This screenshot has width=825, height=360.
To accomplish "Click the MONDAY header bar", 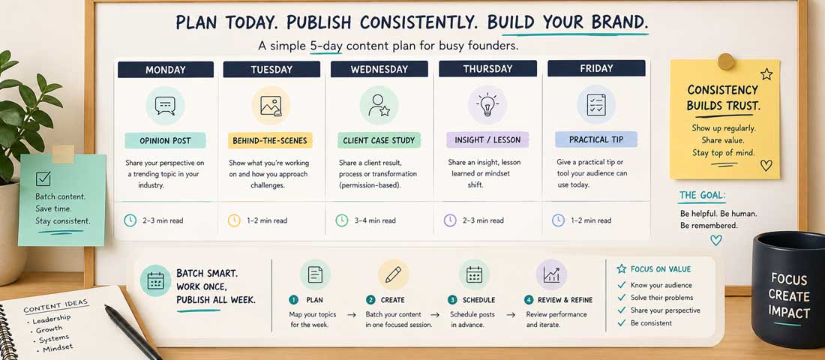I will click(166, 69).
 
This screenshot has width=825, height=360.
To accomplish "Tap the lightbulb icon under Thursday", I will click(487, 103).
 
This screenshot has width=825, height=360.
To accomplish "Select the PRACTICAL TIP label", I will click(596, 139).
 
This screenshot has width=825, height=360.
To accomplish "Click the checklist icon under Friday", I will click(596, 103).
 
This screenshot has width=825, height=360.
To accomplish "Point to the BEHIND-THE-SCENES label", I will click(271, 140).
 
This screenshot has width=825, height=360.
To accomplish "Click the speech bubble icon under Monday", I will click(165, 105).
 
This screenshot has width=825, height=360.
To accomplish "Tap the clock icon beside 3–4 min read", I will click(342, 220).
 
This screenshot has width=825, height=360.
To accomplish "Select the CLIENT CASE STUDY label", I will click(379, 140).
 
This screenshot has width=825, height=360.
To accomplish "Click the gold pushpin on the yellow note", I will click(726, 61).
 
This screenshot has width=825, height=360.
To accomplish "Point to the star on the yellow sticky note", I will click(766, 74).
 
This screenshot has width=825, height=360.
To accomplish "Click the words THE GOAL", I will click(702, 196).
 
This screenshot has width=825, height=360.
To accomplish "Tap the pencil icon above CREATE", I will click(393, 274).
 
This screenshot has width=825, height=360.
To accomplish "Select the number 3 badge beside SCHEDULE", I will click(452, 300).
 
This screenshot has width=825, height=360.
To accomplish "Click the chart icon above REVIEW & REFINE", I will click(551, 274).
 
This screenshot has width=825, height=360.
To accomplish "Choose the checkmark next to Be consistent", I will click(620, 323).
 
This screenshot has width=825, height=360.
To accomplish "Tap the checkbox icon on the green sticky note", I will click(43, 178).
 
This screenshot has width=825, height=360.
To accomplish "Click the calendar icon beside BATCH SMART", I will click(155, 281).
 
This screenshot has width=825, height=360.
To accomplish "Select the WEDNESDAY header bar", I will click(379, 69).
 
